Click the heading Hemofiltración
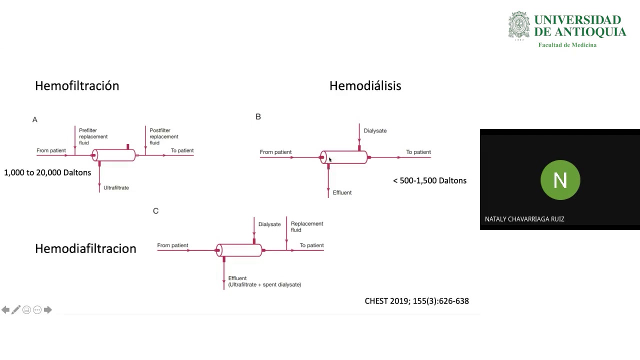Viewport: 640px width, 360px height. [x=77, y=86]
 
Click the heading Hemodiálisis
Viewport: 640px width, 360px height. [x=365, y=86]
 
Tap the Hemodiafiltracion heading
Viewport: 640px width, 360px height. [x=85, y=248]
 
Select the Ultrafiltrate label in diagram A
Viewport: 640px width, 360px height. [x=116, y=188]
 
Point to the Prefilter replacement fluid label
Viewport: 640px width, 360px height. [x=93, y=136]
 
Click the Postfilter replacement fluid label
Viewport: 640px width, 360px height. [x=163, y=136]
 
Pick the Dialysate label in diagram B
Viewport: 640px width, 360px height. [x=375, y=131]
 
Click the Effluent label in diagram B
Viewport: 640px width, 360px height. [x=342, y=192]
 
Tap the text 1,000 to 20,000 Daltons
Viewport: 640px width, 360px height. [x=47, y=172]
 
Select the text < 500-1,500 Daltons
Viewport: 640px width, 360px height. [x=429, y=180]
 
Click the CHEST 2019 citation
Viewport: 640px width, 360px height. [x=416, y=301]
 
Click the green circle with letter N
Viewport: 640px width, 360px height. [x=560, y=179]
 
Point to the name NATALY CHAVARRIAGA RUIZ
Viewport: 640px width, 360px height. [x=524, y=219]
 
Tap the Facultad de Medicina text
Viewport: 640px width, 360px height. [x=567, y=45]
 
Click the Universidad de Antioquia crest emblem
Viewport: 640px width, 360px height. [x=519, y=25]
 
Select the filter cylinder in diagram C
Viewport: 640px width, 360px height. [x=239, y=250]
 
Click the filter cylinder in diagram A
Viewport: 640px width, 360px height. [x=114, y=155]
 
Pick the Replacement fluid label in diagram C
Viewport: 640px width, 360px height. [x=306, y=227]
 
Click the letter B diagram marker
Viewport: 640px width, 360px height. [x=258, y=116]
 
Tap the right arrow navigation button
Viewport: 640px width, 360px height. [x=48, y=310]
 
